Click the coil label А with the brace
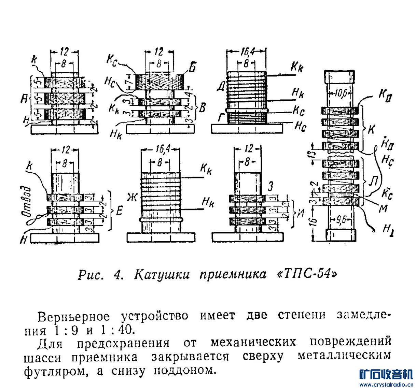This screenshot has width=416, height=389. click(x=24, y=99)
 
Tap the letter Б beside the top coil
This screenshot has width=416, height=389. click(x=192, y=68)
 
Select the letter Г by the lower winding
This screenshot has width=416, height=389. click(x=221, y=118)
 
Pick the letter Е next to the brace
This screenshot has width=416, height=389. click(x=119, y=212)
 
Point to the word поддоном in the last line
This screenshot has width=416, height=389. click(x=185, y=370)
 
